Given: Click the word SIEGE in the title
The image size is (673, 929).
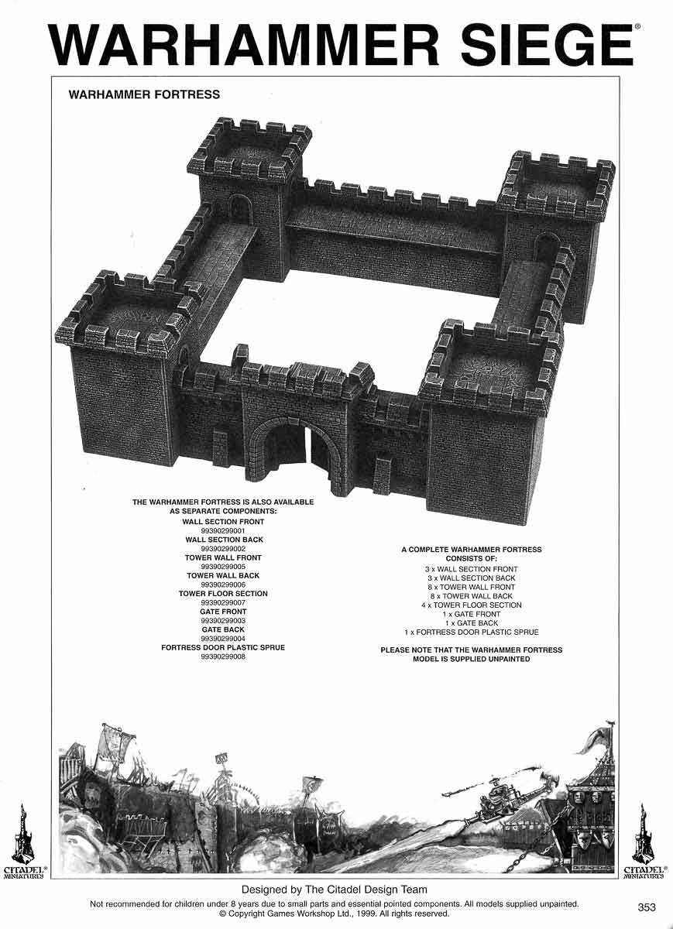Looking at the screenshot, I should pyautogui.click(x=534, y=46).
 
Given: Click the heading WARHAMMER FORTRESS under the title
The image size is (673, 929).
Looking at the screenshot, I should pyautogui.click(x=144, y=94).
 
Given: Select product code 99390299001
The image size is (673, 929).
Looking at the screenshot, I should pyautogui.click(x=223, y=531).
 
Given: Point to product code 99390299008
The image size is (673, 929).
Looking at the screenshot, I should pyautogui.click(x=223, y=656).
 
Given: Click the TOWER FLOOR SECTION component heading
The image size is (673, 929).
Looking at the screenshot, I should pyautogui.click(x=223, y=594).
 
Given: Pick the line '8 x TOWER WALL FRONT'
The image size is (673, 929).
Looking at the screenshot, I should pyautogui.click(x=471, y=588).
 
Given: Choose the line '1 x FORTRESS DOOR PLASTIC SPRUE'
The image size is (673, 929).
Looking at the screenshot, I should pyautogui.click(x=471, y=632).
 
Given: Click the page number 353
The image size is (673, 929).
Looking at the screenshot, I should pyautogui.click(x=647, y=907).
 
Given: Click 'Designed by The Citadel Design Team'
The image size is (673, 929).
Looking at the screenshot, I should pyautogui.click(x=335, y=890).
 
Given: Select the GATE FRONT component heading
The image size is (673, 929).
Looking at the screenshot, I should pyautogui.click(x=223, y=612).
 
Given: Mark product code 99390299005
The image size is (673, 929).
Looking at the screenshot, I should pyautogui.click(x=223, y=567).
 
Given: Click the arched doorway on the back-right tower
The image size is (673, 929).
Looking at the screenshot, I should pyautogui.click(x=547, y=249).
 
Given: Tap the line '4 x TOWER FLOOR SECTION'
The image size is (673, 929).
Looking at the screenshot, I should pyautogui.click(x=471, y=605).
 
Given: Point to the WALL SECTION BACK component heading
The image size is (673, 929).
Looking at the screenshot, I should pyautogui.click(x=224, y=540).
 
